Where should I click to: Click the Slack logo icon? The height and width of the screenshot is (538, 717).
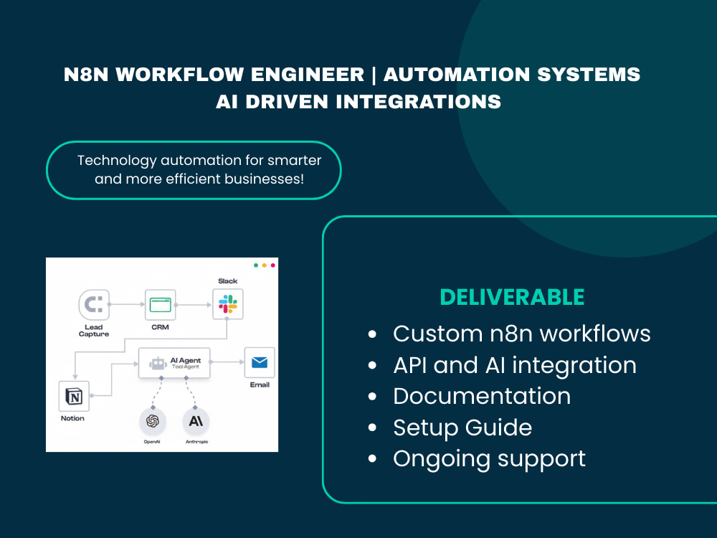(228, 304)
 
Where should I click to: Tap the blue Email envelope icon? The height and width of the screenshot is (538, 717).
(260, 362)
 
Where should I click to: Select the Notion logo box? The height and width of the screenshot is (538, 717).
(74, 396)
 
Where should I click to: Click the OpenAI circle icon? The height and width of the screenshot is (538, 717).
(152, 421)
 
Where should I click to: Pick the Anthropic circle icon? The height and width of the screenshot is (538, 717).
(196, 421)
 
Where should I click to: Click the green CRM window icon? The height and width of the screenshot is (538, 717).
(160, 305)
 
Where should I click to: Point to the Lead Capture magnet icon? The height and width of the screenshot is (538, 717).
(94, 304)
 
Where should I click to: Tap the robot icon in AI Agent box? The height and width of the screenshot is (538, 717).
(158, 363)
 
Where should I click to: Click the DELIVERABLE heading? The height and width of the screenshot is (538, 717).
(512, 298)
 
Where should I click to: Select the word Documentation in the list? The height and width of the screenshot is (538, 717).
(482, 396)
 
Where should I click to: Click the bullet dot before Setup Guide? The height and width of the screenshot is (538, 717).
(372, 428)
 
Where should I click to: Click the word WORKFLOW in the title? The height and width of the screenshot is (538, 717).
(180, 74)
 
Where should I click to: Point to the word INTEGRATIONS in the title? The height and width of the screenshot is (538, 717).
(419, 102)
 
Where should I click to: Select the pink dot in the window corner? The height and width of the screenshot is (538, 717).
(273, 265)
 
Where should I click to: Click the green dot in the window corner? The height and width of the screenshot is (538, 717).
(256, 265)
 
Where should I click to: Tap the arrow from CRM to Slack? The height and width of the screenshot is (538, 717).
(194, 305)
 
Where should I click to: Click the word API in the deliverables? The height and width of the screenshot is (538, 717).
(409, 365)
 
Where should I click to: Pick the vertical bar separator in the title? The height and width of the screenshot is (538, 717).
(374, 75)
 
